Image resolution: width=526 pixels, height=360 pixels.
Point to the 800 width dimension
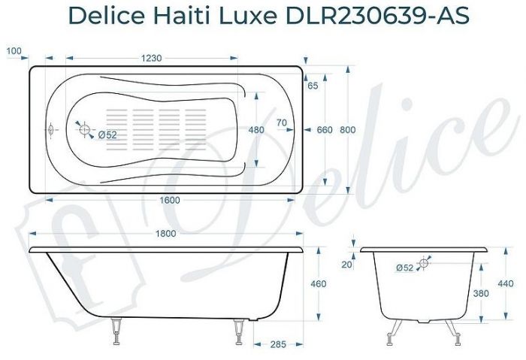[347, 130]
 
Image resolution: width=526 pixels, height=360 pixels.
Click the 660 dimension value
[324, 130]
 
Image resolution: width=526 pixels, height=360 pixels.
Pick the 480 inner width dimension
[256, 130]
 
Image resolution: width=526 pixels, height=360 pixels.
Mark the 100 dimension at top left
[13, 51]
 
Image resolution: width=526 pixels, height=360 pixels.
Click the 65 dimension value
[313, 86]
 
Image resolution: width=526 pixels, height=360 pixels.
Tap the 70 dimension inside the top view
[282, 123]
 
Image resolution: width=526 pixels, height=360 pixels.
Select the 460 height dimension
[318, 283]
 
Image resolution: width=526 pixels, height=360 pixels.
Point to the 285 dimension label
[278, 345]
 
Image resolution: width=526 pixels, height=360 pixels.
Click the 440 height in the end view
[505, 283]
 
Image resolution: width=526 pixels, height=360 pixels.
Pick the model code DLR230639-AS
[385, 14]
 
